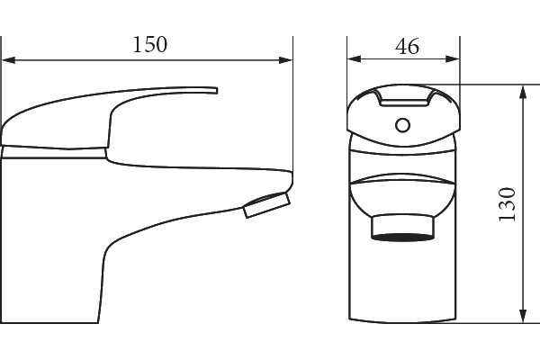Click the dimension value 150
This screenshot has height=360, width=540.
click(x=150, y=44)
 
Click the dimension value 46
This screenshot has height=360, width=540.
click(x=407, y=46)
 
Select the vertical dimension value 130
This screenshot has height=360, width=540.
click(x=508, y=204)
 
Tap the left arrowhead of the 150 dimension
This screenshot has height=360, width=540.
click(x=9, y=60)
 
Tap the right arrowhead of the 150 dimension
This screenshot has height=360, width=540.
click(x=285, y=60)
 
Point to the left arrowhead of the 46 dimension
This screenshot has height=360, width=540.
click(x=355, y=58)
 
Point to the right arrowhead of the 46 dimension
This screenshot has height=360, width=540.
click(x=452, y=58)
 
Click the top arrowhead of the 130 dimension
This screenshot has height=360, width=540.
click(x=523, y=92)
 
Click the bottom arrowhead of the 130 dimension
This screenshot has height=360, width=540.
click(x=523, y=316)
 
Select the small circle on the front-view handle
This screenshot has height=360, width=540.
click(x=402, y=125)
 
